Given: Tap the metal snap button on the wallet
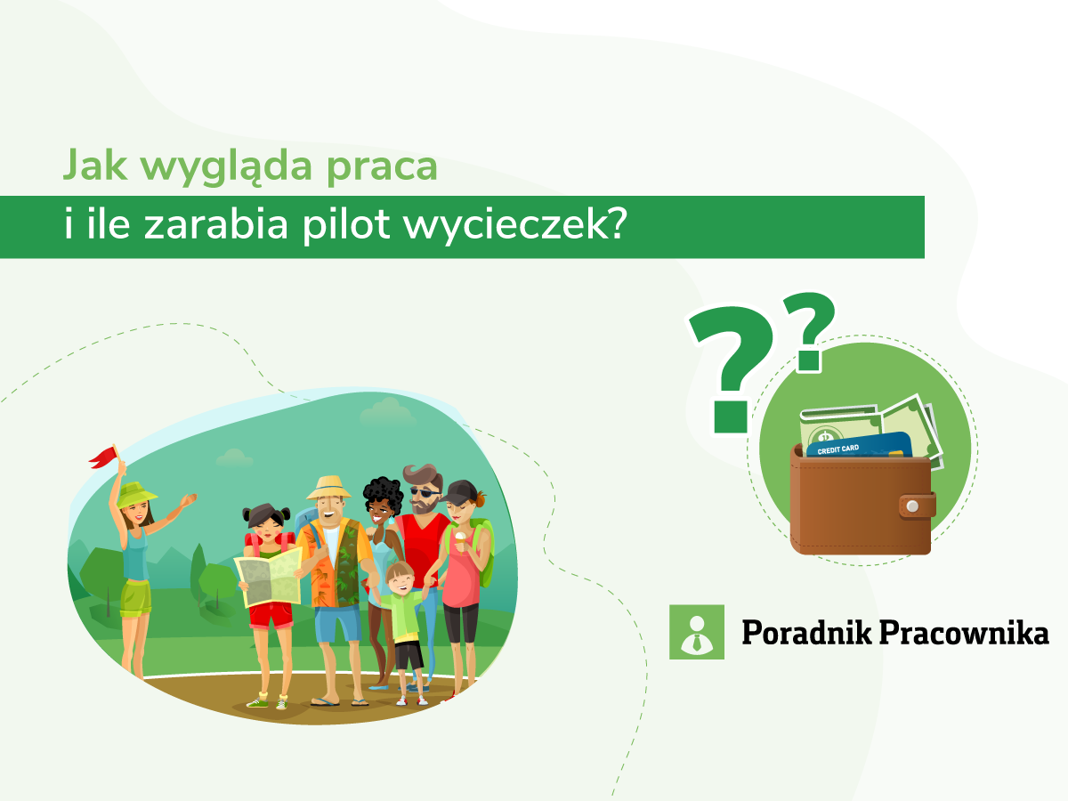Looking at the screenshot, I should pyautogui.click(x=910, y=507).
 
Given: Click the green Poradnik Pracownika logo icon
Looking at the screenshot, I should pyautogui.click(x=696, y=632).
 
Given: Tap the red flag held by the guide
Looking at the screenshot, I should pyautogui.click(x=102, y=457).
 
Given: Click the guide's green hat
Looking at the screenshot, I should pyautogui.click(x=135, y=493).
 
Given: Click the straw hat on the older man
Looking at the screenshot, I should pyautogui.click(x=329, y=487).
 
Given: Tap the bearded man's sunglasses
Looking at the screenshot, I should pyautogui.click(x=424, y=493).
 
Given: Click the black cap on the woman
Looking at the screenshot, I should pyautogui.click(x=461, y=492).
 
